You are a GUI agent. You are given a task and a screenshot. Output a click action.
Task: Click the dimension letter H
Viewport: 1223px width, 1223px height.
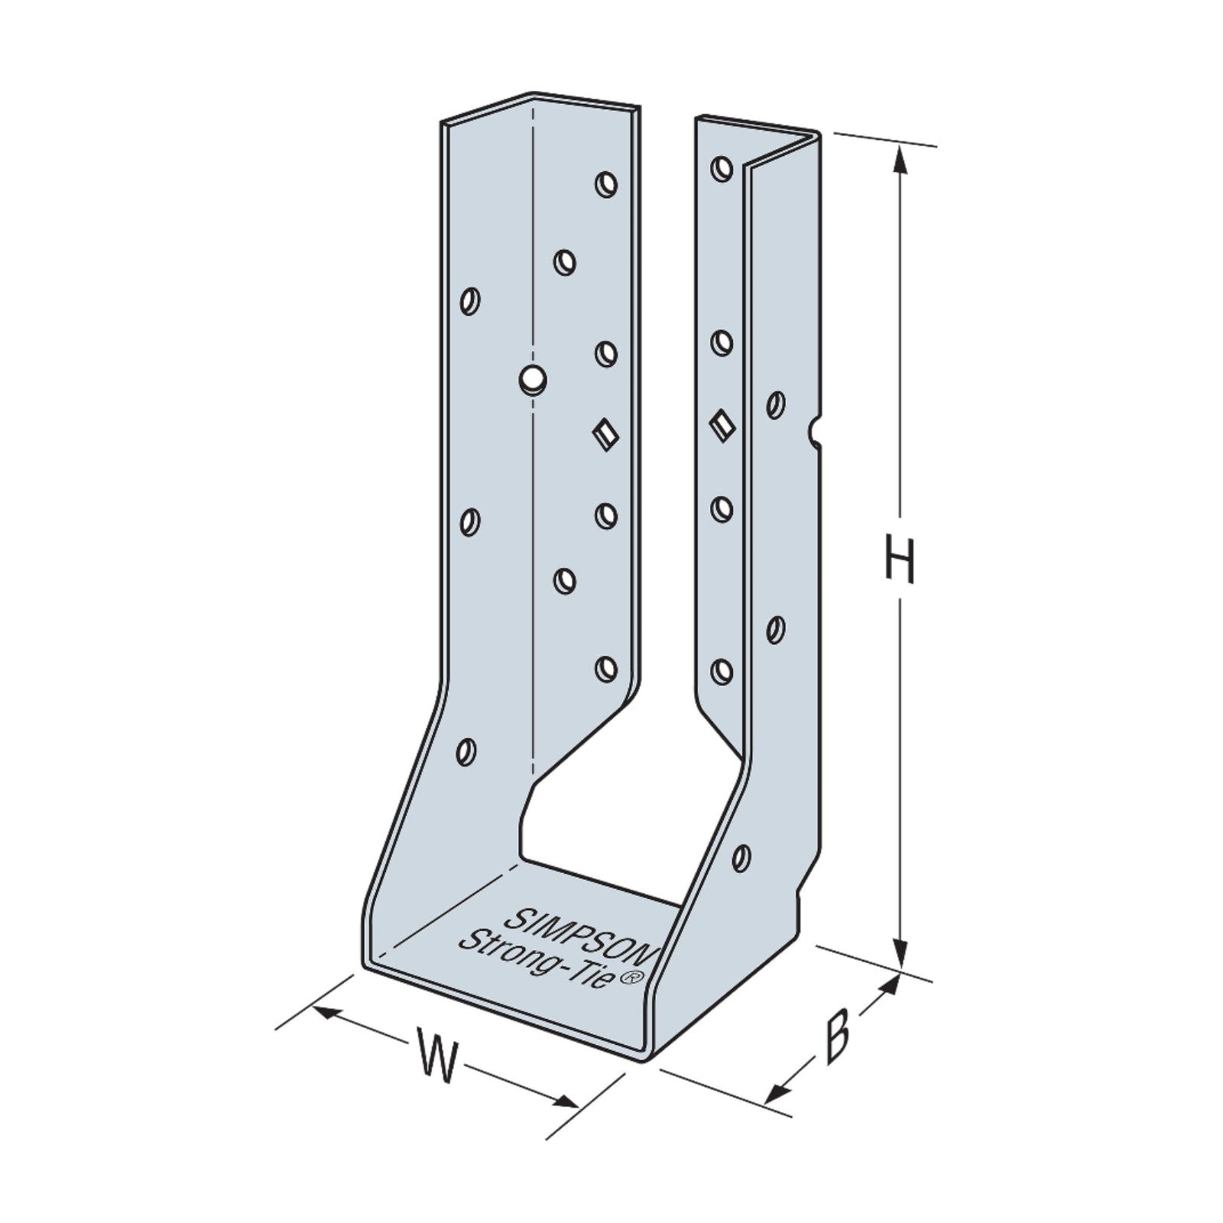900,560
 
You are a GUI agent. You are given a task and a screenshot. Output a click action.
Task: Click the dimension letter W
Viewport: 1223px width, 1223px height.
438,1056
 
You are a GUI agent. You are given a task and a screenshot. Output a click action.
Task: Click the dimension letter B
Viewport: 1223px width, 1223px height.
839,1036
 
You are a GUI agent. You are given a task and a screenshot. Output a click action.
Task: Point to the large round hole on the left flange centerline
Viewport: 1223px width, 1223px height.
531,378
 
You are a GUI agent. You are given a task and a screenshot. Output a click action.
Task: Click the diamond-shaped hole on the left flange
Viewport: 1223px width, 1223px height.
605,434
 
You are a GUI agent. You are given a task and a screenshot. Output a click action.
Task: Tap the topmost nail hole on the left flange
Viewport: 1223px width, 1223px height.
606,184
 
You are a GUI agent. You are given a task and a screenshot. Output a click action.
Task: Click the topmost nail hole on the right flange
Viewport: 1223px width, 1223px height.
722,167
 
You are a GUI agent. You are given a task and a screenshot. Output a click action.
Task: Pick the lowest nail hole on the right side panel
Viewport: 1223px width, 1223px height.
741,857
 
